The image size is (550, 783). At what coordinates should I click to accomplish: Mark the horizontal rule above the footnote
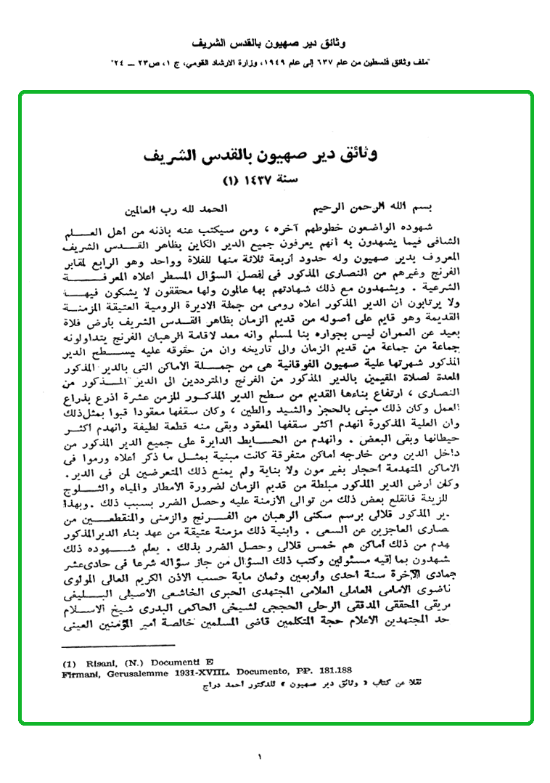tap(118, 646)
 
